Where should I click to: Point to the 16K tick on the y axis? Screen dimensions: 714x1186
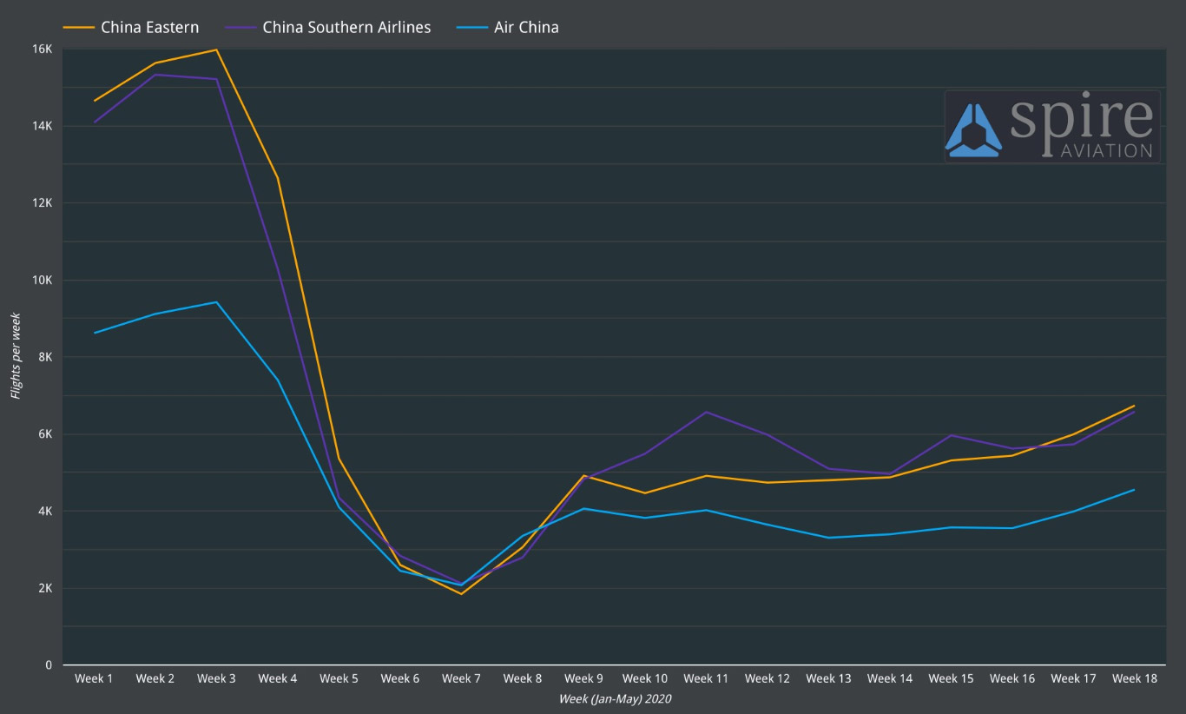coord(43,49)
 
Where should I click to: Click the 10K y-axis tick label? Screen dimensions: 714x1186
coord(43,280)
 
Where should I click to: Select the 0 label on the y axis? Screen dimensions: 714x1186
coord(49,665)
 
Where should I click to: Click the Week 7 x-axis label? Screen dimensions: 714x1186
coord(461,678)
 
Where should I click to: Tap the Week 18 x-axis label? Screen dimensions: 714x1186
coord(1135,678)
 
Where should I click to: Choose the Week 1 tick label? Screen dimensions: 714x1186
coord(94,678)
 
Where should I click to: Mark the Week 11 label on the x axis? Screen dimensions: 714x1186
coord(706,678)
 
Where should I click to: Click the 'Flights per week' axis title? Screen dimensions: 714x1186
coord(16,356)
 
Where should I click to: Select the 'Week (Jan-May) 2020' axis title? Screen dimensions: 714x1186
coord(615,698)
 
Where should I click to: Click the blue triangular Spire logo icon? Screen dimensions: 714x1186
coord(973,130)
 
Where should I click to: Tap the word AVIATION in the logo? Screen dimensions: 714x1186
coord(1106,150)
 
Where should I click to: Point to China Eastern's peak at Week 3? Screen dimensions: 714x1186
coord(216,50)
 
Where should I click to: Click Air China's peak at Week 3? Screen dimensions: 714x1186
coord(216,302)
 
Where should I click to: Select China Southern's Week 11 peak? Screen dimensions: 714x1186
coord(706,412)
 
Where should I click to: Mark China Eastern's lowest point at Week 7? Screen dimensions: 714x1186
coord(461,594)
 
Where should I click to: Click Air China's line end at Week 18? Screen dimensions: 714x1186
coord(1134,490)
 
